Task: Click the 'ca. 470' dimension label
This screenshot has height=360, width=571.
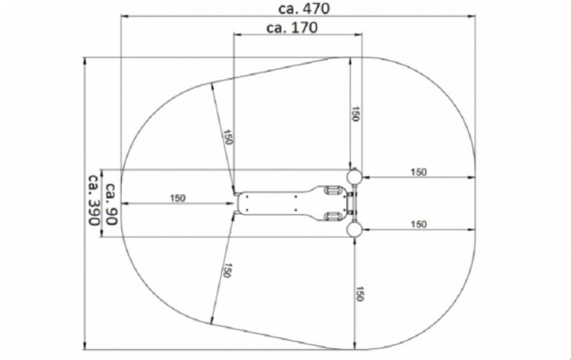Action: (303, 8)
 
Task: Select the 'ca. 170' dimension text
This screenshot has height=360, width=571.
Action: (292, 28)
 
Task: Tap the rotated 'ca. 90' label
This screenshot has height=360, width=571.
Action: (112, 204)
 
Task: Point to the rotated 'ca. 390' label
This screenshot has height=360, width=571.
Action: (94, 200)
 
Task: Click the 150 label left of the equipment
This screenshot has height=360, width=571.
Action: (177, 198)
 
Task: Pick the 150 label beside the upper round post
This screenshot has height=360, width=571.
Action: (419, 172)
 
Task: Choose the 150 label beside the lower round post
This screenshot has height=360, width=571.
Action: (419, 224)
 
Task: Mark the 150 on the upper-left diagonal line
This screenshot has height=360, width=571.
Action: (227, 137)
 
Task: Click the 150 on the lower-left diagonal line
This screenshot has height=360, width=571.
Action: (226, 270)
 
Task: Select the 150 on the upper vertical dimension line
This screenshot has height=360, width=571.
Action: (355, 114)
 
